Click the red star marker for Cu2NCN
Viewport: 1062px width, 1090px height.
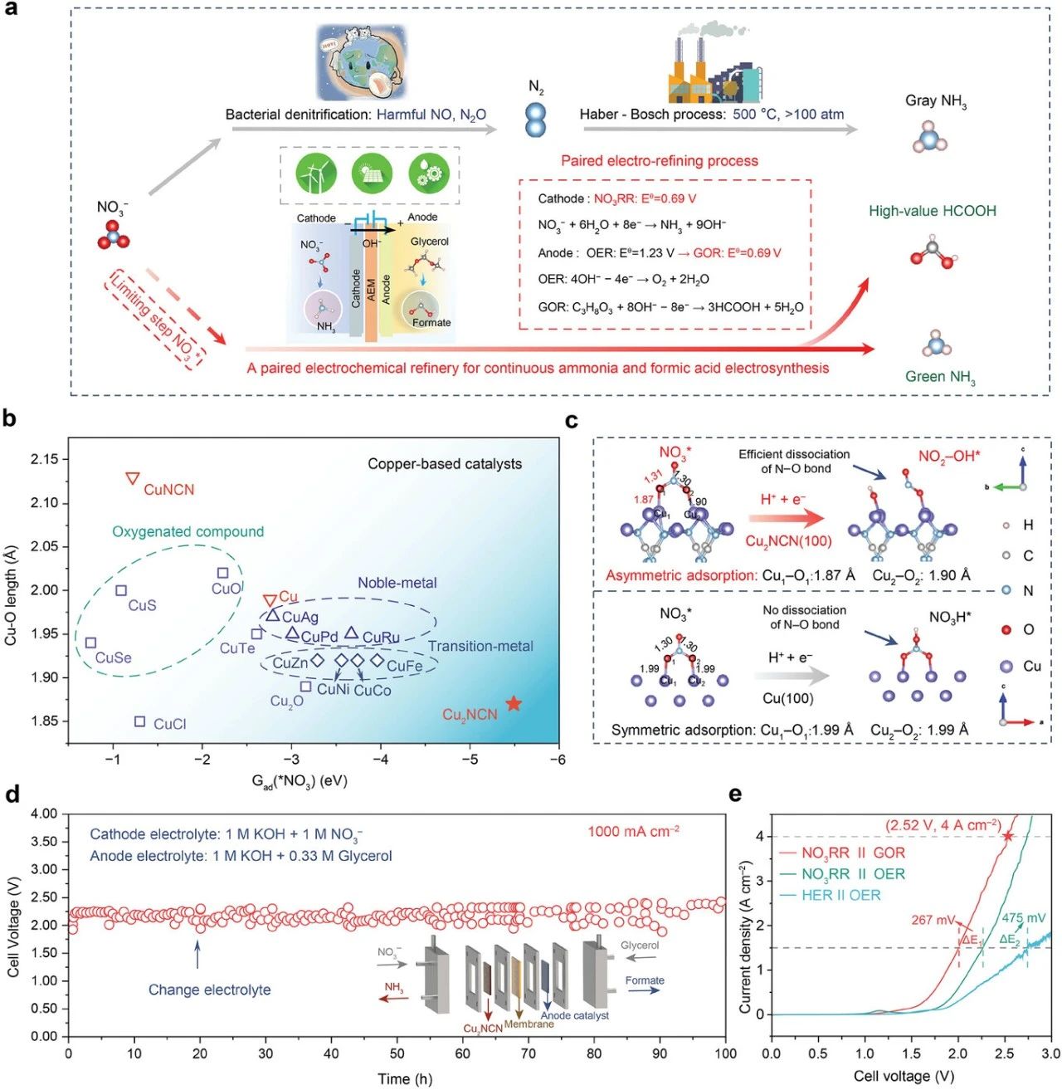click(x=514, y=704)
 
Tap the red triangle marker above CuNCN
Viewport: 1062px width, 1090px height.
click(x=132, y=478)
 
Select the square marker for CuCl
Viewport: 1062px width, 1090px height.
click(x=140, y=722)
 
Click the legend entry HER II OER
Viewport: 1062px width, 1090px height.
click(x=840, y=895)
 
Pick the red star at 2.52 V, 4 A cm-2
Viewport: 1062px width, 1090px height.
click(x=1008, y=836)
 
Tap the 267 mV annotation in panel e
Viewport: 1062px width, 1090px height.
click(x=933, y=920)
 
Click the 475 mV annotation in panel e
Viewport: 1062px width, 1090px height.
click(x=1023, y=918)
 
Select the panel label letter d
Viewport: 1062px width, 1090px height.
click(x=12, y=794)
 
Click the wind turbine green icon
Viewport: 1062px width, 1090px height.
click(x=317, y=174)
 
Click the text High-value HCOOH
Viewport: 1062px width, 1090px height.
click(x=932, y=211)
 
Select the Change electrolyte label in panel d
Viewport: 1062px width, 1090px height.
click(x=209, y=990)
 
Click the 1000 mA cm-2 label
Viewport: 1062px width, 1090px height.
click(x=633, y=831)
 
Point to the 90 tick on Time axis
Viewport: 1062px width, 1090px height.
click(x=660, y=1053)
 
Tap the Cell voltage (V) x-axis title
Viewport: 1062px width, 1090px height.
click(x=904, y=1077)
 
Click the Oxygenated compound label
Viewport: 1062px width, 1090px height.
click(x=188, y=531)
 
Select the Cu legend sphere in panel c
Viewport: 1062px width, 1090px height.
click(x=1007, y=667)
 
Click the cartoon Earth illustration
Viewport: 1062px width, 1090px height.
click(x=362, y=66)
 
